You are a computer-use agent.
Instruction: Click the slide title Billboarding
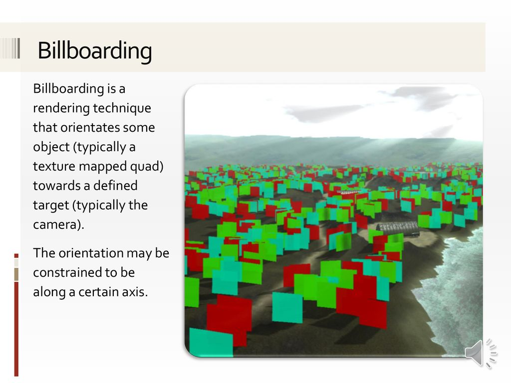pyautogui.click(x=95, y=50)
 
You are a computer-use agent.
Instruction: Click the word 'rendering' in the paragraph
pyautogui.click(x=61, y=108)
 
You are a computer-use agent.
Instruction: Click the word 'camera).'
pyautogui.click(x=59, y=225)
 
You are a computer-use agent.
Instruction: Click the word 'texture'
pyautogui.click(x=54, y=166)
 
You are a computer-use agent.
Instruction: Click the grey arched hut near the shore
pyautogui.click(x=398, y=228)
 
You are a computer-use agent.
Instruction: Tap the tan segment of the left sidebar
pyautogui.click(x=16, y=274)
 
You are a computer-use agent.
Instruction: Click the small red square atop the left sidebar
pyautogui.click(x=16, y=256)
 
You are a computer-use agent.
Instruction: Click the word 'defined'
pyautogui.click(x=115, y=186)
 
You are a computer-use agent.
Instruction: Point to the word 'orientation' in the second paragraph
pyautogui.click(x=91, y=253)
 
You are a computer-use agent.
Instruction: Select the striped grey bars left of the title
pyautogui.click(x=10, y=48)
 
